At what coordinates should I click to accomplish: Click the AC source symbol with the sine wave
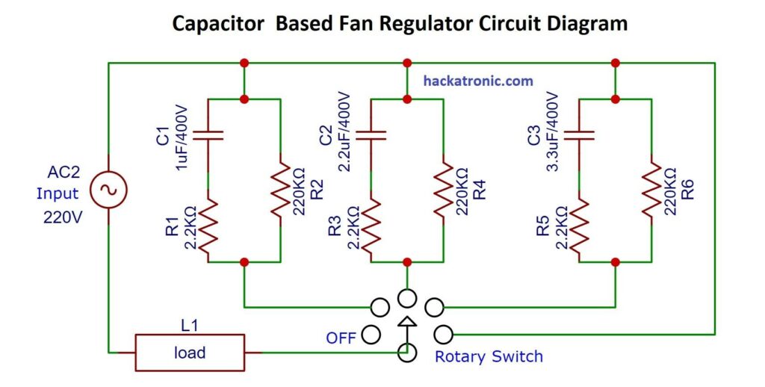coord(108,191)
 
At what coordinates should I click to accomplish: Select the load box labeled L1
coord(190,352)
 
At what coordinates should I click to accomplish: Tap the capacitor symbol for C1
coord(208,136)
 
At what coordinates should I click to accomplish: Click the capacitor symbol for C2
coord(371,136)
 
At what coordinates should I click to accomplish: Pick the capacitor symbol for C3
coord(580,136)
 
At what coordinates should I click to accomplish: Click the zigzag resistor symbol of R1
coord(208,223)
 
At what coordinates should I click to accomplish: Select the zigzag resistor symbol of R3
coord(371,223)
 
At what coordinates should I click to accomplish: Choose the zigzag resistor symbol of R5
coord(580,223)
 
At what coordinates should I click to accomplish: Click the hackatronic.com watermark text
coord(478,81)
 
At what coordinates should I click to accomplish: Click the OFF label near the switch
coord(341,338)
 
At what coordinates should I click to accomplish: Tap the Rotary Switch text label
coord(489,356)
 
